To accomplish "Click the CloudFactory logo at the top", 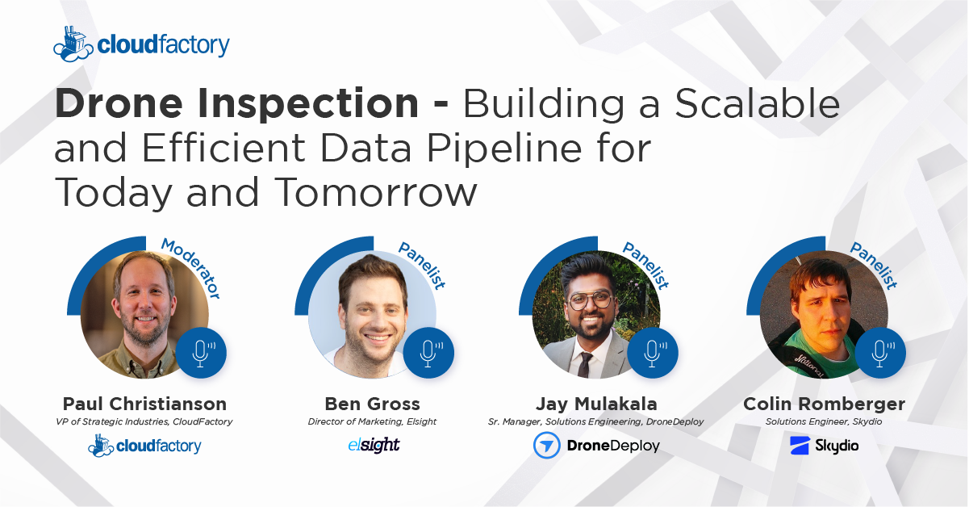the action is (x=141, y=44).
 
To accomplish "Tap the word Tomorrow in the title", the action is (x=375, y=192).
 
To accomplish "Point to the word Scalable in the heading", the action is (x=758, y=103).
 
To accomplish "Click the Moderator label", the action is (x=190, y=269).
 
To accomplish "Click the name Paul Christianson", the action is (x=145, y=404).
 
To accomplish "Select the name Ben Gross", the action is (x=373, y=404).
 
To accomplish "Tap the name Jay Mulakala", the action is (x=596, y=404).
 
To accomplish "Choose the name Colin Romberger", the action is (x=824, y=404).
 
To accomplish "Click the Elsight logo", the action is (x=374, y=445).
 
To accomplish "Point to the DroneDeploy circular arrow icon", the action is (x=547, y=446).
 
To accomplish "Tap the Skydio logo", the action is (x=824, y=446).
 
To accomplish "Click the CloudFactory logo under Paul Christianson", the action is (x=144, y=446).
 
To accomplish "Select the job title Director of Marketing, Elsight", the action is (x=372, y=421).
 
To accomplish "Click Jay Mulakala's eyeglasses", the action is (x=590, y=300).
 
